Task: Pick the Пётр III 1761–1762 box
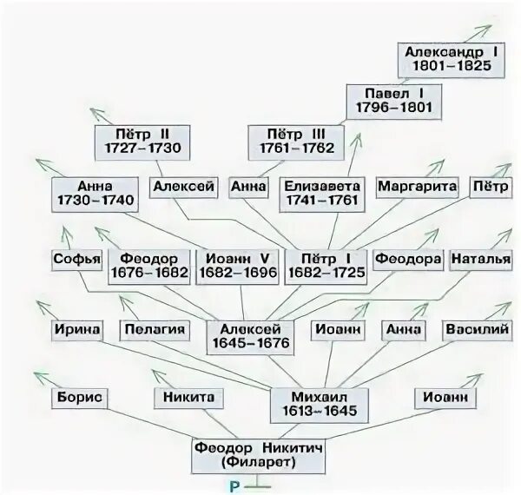pyautogui.click(x=291, y=141)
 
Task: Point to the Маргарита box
pyautogui.click(x=417, y=186)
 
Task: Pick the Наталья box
pyautogui.click(x=478, y=259)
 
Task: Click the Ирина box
pyautogui.click(x=76, y=331)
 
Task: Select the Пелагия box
pyautogui.click(x=155, y=331)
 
